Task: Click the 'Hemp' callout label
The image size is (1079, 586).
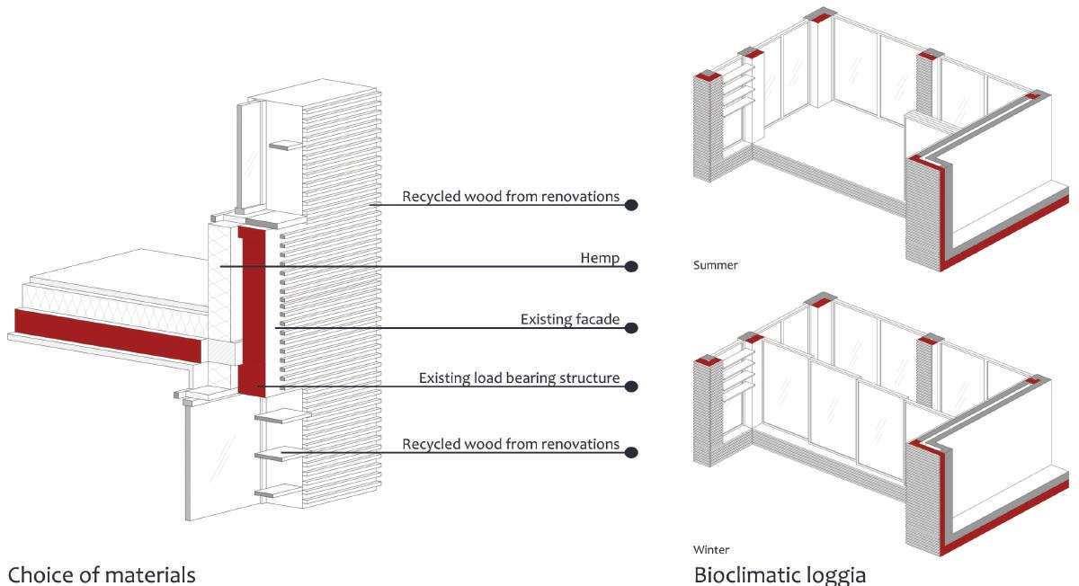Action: coord(600,259)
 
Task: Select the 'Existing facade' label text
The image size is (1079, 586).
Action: coord(570,320)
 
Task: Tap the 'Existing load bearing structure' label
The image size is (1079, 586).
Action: coord(519,378)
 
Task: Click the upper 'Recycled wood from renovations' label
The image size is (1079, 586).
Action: coord(511,196)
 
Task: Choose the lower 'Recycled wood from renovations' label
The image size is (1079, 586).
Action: coord(511,444)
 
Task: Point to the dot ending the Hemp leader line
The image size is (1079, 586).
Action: coord(631,266)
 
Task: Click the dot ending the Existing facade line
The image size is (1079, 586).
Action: coord(631,328)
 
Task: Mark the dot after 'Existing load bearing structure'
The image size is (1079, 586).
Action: coord(631,386)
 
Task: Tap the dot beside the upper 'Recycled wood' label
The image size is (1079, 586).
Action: coord(631,205)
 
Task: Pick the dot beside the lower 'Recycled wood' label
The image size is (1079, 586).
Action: coord(631,452)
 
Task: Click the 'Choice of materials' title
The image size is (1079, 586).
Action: coord(101,573)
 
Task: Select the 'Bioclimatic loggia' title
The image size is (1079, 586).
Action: coord(780,573)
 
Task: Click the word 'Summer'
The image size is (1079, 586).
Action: coord(715,266)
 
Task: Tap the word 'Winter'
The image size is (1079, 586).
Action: coord(711,549)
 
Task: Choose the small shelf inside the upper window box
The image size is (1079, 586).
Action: coord(286,144)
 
